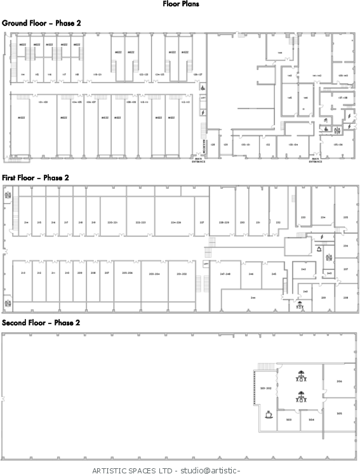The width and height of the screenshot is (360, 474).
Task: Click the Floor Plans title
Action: coord(180,4)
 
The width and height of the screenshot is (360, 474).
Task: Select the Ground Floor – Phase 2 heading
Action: coord(42,23)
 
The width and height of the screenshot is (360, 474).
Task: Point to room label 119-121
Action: coord(98,75)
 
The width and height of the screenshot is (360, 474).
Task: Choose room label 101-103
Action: coord(44,102)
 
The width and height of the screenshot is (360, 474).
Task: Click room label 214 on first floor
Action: coord(26,222)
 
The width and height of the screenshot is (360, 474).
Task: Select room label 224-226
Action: coord(176,222)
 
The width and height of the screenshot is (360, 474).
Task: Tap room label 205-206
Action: coord(127,273)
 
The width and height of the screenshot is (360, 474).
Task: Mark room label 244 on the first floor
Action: coord(253,297)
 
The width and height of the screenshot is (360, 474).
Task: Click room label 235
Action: coord(345,217)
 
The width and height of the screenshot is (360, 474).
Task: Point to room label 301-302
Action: coord(266,389)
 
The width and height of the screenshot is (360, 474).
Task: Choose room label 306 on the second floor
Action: coord(339,381)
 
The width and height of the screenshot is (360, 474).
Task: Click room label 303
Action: coord(289,419)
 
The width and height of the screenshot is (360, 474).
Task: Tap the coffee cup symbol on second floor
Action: coord(269,413)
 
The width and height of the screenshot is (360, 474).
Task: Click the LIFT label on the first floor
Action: coord(206,263)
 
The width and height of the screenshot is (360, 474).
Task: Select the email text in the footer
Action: coord(210,471)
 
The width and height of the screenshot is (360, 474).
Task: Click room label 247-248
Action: coord(225,274)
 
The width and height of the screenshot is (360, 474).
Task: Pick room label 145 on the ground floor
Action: coord(290,97)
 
